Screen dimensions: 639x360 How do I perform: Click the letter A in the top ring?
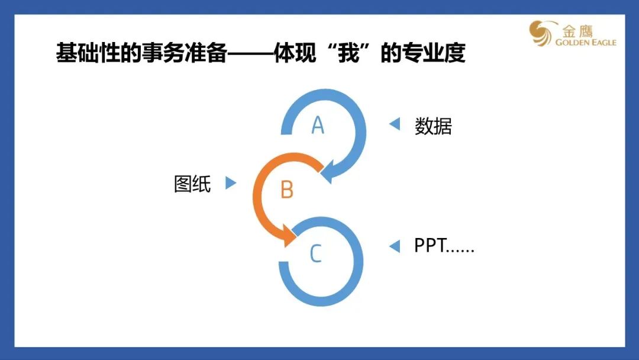[318, 125]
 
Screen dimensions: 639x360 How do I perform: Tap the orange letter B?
[287, 189]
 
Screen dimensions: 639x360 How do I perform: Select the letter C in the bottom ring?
[316, 253]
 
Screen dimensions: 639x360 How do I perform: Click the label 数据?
[433, 126]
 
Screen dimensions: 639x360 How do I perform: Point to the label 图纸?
[192, 184]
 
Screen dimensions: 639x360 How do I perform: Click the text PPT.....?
[430, 246]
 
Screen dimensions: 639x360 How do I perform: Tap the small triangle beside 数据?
[395, 124]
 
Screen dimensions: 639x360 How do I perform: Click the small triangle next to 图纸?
[231, 182]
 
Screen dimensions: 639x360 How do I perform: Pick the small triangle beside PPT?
[395, 246]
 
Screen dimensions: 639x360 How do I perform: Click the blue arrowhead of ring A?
[330, 173]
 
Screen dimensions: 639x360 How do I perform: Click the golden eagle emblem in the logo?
[541, 33]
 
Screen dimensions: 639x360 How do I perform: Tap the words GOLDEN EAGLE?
[586, 42]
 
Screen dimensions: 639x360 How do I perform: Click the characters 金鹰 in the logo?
[577, 31]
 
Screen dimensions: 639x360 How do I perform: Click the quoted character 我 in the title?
[349, 53]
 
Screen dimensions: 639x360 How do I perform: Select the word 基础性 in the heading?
[88, 53]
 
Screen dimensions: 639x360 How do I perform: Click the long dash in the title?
[251, 53]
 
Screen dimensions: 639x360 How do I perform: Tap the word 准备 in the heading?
[206, 53]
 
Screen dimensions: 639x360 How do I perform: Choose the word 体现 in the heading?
[295, 53]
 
